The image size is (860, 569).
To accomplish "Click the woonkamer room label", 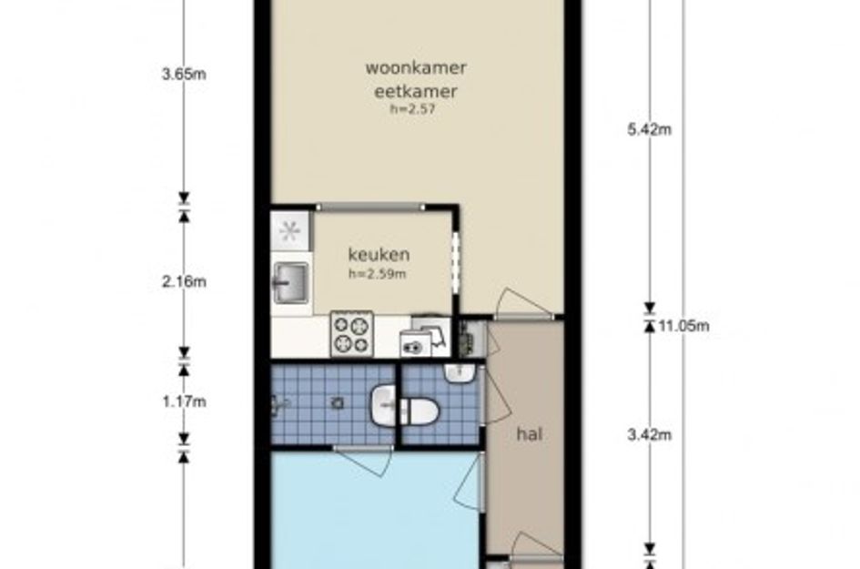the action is click(x=416, y=68).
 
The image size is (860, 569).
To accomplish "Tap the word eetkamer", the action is click(x=415, y=91).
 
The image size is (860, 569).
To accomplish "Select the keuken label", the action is click(x=379, y=255).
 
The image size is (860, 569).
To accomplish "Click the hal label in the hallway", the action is click(x=530, y=434).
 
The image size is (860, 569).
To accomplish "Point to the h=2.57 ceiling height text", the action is click(x=412, y=108).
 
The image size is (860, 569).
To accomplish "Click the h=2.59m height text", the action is click(x=378, y=274).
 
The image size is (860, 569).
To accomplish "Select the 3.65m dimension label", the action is click(x=184, y=74).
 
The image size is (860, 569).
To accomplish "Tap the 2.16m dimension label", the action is click(x=184, y=282).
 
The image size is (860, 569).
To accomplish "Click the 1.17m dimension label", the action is click(x=184, y=402).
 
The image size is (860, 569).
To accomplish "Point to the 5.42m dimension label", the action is click(x=650, y=130).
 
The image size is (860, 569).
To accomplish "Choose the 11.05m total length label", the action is click(x=684, y=327).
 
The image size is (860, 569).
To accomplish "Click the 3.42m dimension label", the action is click(x=650, y=435).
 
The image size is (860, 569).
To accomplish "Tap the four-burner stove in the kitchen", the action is click(x=351, y=333).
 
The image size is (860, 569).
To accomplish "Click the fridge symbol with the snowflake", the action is click(x=290, y=231).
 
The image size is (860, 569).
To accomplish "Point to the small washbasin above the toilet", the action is click(x=459, y=373).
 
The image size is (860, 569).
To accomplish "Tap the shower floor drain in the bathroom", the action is click(x=338, y=403).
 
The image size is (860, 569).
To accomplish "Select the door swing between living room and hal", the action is click(x=521, y=303).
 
